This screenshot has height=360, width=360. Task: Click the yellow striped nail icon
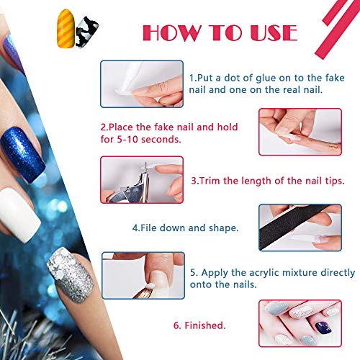click(66, 28)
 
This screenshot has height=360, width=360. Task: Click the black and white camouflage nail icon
click(87, 32)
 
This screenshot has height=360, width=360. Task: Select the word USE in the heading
click(274, 32)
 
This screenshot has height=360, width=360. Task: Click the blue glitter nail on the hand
click(22, 155)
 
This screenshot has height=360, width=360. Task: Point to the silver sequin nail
click(71, 275)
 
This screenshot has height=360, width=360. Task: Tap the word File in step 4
click(148, 228)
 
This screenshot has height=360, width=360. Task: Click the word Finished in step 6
click(204, 325)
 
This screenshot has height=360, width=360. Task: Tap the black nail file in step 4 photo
click(294, 225)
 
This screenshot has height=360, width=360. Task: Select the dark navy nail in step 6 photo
click(323, 328)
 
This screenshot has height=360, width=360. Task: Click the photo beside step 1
click(142, 84)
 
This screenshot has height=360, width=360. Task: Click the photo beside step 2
click(300, 132)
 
